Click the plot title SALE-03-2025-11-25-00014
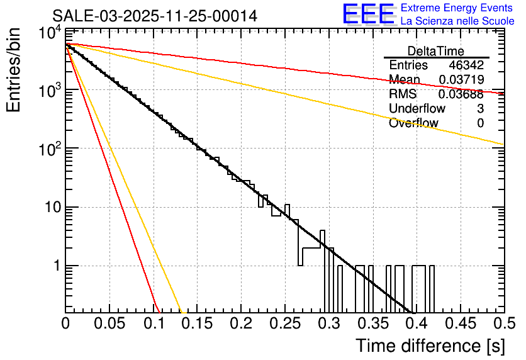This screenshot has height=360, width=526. click(x=155, y=16)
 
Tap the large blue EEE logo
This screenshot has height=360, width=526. click(x=368, y=14)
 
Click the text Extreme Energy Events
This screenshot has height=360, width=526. click(x=457, y=8)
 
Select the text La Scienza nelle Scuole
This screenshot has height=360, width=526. click(x=457, y=21)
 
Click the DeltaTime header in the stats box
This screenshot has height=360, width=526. click(x=436, y=51)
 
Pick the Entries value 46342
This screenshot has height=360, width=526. click(x=466, y=65)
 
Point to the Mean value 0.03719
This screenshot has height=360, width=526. click(x=461, y=80)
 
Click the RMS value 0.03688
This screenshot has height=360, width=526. click(x=461, y=94)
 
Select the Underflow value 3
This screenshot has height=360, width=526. click(x=480, y=109)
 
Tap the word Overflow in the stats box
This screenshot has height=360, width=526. click(x=413, y=123)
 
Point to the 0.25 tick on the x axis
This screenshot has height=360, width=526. click(x=284, y=323)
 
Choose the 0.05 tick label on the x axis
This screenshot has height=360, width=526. click(x=109, y=323)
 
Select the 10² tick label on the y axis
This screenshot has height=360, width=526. click(x=49, y=148)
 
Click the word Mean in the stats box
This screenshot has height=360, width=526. click(x=405, y=80)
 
